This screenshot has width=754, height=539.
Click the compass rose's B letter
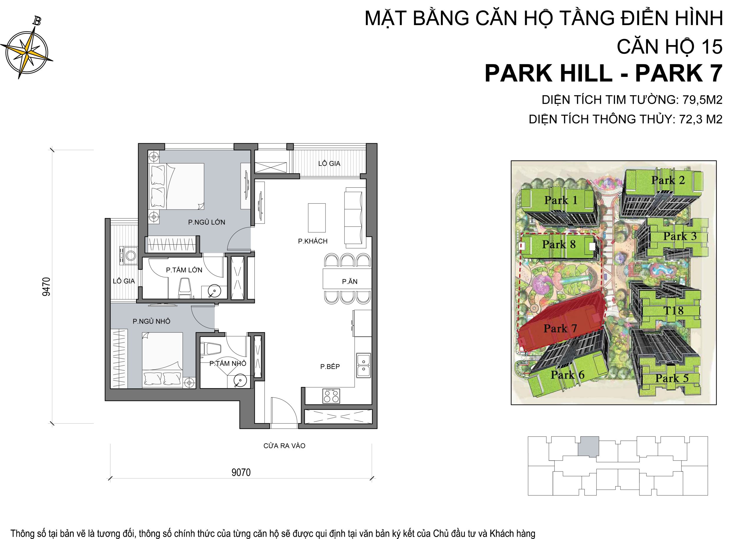pos(37,21)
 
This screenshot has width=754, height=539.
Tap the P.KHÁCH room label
pos(312,241)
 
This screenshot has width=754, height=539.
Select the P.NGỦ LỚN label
pos(207,222)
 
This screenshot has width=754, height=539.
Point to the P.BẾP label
pos(330,367)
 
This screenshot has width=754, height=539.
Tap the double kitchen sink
pos(364,365)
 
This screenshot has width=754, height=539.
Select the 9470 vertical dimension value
pos(47,286)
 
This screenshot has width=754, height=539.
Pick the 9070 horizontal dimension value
pos(241,472)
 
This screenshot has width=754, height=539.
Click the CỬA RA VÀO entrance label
pos(284,446)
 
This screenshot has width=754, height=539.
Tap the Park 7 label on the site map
pos(560,328)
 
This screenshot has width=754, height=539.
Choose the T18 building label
pos(673,310)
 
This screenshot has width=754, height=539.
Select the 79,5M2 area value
pos(701,100)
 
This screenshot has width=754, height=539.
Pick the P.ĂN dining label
pos(350,282)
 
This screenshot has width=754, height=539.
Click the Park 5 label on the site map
pos(672,378)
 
